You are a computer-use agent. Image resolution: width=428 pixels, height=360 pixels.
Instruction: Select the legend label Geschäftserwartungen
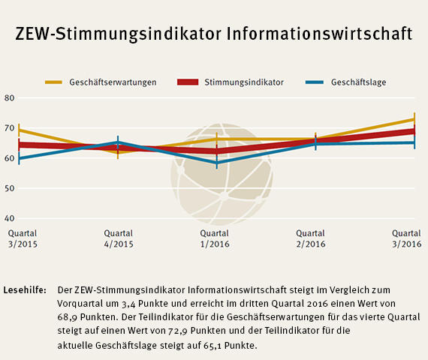113,82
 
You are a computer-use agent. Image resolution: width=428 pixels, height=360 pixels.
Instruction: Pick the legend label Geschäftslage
358,82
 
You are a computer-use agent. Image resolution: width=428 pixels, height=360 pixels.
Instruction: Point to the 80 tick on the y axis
9,97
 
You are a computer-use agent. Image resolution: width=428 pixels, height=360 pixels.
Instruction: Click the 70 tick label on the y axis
9,128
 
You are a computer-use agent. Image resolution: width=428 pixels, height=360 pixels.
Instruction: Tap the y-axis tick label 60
9,158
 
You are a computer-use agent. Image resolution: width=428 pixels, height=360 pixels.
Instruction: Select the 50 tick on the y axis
9,188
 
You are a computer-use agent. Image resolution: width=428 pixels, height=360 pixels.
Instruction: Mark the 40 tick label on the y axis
9,218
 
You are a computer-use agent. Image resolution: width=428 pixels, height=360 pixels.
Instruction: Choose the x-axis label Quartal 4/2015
119,238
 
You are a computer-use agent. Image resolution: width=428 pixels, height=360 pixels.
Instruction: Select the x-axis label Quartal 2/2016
311,238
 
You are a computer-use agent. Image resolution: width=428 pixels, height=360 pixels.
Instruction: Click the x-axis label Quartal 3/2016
406,238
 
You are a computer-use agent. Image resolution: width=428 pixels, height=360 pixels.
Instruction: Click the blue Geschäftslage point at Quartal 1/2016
217,162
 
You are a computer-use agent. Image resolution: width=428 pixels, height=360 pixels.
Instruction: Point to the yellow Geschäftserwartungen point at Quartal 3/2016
414,119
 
